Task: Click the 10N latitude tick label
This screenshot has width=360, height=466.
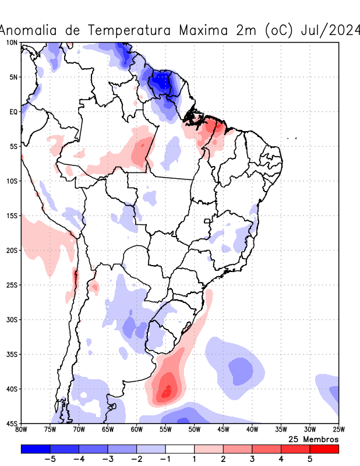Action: click(x=11, y=43)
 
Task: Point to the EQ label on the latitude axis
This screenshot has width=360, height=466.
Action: click(x=13, y=112)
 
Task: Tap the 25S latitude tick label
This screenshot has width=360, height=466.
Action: click(x=11, y=285)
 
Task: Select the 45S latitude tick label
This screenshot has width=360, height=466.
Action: click(x=11, y=423)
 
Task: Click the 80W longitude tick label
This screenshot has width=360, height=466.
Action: click(x=21, y=430)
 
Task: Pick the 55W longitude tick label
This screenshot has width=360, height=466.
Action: click(x=165, y=430)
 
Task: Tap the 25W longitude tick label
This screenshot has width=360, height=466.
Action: click(x=338, y=430)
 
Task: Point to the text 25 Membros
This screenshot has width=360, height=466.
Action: click(x=313, y=439)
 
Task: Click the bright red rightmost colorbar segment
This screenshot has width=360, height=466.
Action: click(x=324, y=449)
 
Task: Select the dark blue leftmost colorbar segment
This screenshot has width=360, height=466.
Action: click(x=35, y=449)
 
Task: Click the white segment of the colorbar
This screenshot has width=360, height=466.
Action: click(x=179, y=449)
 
